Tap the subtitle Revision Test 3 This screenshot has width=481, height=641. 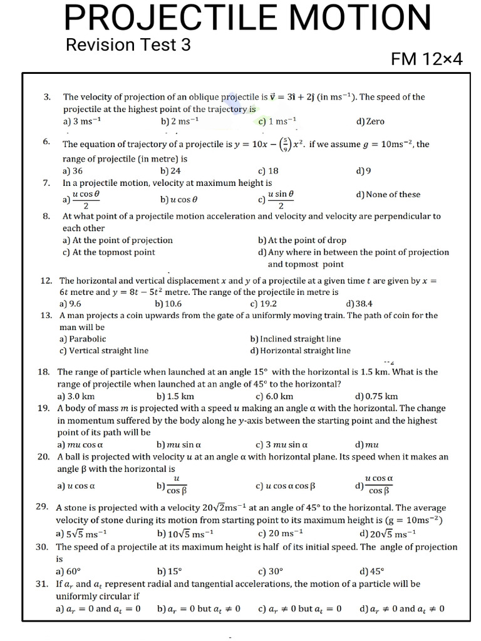point(128,45)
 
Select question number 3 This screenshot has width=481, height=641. point(47,97)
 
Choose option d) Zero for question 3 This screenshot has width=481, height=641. point(370,121)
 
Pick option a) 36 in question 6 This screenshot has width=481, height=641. point(73,170)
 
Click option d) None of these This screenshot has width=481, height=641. point(388,195)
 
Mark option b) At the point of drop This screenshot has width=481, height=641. point(302,240)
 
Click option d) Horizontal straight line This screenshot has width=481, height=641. point(300,351)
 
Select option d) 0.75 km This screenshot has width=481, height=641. point(376,396)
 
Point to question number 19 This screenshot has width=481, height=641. point(43,408)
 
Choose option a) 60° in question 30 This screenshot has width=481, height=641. point(69,571)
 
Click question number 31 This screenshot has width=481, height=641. point(43,583)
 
